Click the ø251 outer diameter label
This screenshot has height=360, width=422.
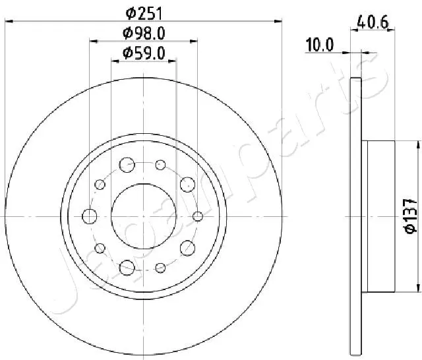tap(144, 12)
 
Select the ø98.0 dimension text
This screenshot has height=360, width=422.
tap(144, 34)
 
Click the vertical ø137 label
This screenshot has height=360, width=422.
tap(409, 215)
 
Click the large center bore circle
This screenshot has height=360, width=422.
tap(144, 216)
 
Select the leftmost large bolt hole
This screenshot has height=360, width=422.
tap(89, 216)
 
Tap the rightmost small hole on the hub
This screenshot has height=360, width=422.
tap(197, 216)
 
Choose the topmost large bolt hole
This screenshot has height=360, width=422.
tap(127, 164)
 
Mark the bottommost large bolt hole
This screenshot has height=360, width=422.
tap(127, 267)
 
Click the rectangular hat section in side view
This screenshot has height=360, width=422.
tap(378, 216)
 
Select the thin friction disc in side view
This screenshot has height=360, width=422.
tap(356, 216)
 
